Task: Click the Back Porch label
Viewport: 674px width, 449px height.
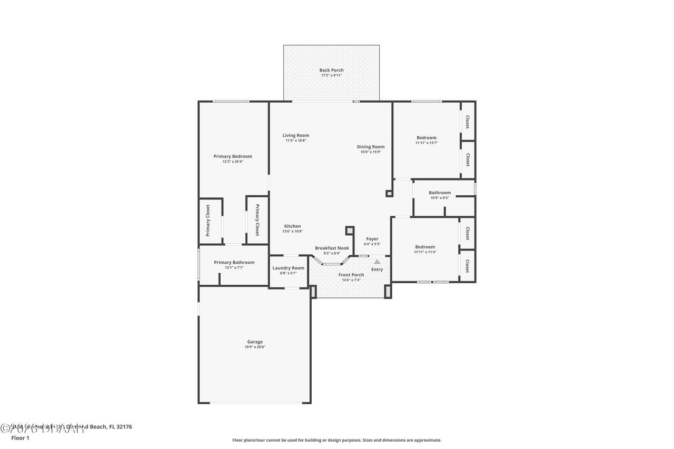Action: [x=331, y=70]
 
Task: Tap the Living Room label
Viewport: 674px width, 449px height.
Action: [x=295, y=135]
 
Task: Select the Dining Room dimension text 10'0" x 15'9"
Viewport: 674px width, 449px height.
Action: [x=371, y=152]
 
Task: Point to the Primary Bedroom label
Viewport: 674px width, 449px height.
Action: [x=232, y=156]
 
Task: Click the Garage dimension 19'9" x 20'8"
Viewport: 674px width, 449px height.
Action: [x=255, y=347]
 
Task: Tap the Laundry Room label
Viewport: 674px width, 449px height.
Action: [x=288, y=268]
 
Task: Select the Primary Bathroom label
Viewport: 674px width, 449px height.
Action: [x=234, y=262]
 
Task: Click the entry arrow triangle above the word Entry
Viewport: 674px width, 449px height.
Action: [x=377, y=262]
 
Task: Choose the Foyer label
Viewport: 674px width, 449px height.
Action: [x=372, y=239]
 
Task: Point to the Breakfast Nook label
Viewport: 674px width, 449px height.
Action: [x=332, y=248]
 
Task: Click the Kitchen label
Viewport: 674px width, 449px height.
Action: [x=292, y=226]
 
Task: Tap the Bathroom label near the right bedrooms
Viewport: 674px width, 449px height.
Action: [x=440, y=193]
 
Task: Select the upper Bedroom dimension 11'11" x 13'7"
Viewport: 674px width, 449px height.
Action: [x=426, y=143]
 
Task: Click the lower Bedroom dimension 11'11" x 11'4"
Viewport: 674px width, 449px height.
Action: [x=425, y=252]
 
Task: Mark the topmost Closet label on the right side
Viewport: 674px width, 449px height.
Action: [x=467, y=122]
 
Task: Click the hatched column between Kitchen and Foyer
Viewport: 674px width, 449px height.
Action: [x=349, y=231]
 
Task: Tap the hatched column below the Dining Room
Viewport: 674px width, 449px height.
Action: [x=389, y=194]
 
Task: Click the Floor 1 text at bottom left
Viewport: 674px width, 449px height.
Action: [x=20, y=438]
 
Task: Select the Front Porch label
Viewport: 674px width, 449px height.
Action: [x=351, y=275]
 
